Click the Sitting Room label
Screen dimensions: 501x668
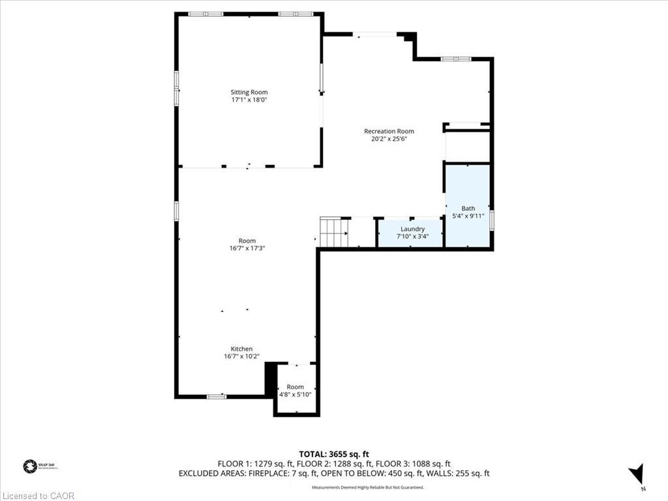tap(249, 92)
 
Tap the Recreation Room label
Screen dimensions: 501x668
tap(389, 131)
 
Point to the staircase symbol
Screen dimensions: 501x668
tap(333, 232)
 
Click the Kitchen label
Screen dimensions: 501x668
tap(241, 349)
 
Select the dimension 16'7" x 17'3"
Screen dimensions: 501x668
tap(247, 249)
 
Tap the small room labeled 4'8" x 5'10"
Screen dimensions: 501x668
tap(295, 391)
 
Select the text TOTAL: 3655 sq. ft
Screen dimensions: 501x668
tap(333, 454)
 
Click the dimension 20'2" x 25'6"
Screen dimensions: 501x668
tap(389, 139)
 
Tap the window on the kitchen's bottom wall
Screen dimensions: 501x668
tap(217, 396)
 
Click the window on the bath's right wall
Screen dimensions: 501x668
tap(492, 220)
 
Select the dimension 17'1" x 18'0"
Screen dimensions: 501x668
tap(249, 100)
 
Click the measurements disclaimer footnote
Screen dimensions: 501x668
tap(367, 487)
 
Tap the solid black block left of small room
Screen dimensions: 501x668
tap(269, 378)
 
